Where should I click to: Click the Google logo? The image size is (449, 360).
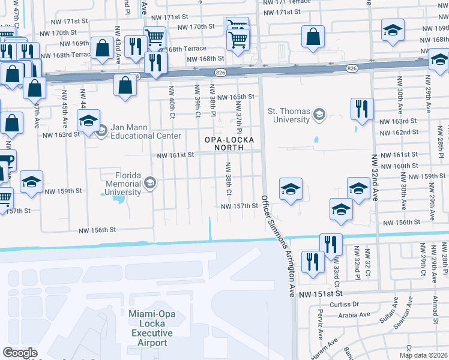(20, 353)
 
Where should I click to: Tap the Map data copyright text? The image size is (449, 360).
(423, 355)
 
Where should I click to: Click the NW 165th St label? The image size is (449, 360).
(236, 97)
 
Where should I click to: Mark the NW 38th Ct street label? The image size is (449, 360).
(228, 178)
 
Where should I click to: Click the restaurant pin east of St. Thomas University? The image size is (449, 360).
(362, 109)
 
